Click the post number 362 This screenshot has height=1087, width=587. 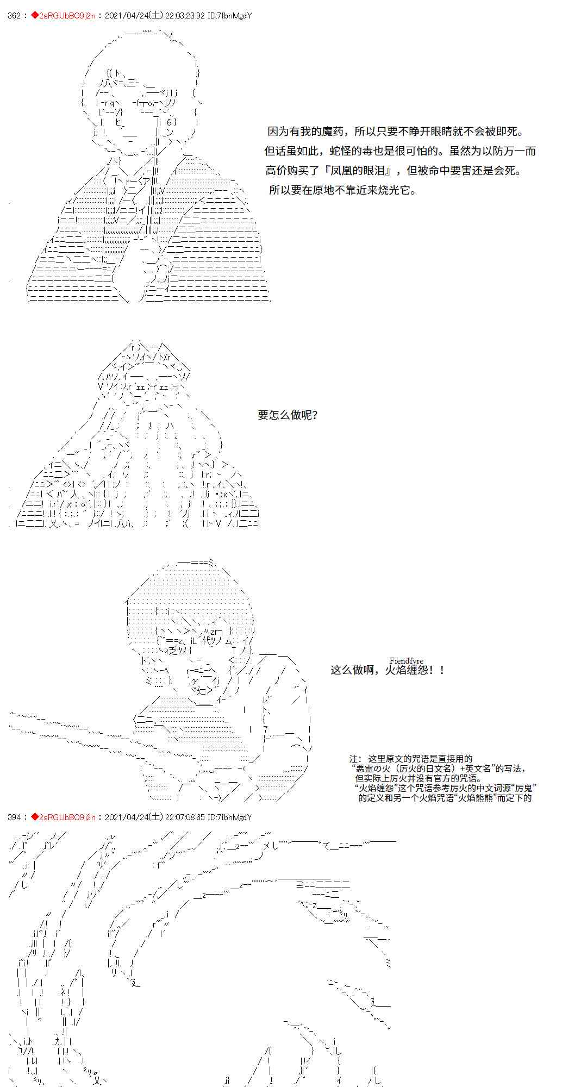[15, 16]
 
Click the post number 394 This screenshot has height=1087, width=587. [15, 817]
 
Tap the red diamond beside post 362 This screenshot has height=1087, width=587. [34, 16]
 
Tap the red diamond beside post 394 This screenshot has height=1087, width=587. [34, 817]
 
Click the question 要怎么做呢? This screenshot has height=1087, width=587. [288, 415]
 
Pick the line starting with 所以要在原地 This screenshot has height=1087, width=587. [343, 190]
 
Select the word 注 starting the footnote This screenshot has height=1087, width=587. [354, 759]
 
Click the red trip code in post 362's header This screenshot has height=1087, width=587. [67, 16]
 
